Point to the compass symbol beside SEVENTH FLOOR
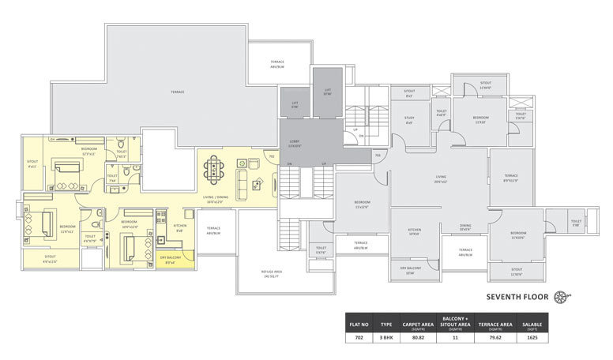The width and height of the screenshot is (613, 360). (x=562, y=297)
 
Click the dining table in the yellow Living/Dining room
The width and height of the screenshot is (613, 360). (x=215, y=169)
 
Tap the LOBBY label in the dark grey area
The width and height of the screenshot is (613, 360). (x=293, y=141)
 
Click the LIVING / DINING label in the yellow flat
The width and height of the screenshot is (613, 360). (x=216, y=200)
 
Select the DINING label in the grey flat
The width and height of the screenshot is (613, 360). (x=467, y=226)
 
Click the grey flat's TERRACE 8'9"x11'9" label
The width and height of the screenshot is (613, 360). (x=511, y=177)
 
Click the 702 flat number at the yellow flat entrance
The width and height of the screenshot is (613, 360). (x=271, y=157)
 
